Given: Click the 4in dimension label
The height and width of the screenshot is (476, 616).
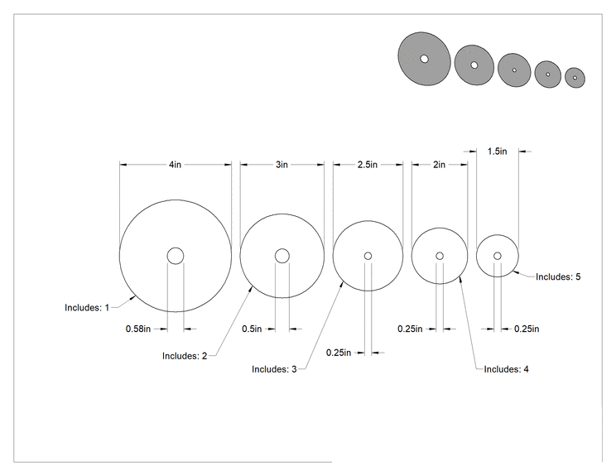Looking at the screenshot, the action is pos(176,165).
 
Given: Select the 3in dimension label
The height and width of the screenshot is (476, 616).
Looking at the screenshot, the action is pos(282,165).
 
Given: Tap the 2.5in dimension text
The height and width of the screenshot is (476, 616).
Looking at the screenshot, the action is pos(368,165).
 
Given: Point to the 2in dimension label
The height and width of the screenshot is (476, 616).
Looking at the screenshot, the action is pos(439,165).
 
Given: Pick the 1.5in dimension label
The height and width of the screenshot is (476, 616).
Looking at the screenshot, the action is pos(498,151).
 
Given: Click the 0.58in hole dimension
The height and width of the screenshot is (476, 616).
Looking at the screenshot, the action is pos(138,329).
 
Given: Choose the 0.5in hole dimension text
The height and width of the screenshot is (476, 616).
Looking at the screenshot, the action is pos(252,329).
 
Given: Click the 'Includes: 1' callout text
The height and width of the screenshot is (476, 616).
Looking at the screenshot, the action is pos(87,307).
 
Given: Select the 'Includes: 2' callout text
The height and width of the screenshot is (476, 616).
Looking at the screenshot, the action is pos(185,356).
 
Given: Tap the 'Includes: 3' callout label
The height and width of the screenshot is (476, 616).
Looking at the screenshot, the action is pos(274,369).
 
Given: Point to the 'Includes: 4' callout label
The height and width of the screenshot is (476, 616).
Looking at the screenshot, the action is pos(507,369).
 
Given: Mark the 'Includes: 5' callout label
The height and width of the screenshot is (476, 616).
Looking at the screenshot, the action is pos(558,276).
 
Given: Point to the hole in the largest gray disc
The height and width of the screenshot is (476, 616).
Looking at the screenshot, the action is pos(424,59).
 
